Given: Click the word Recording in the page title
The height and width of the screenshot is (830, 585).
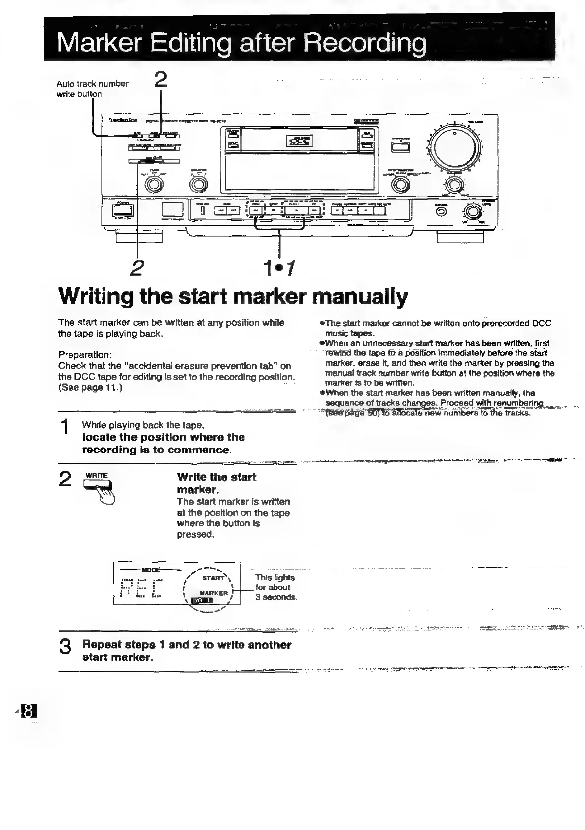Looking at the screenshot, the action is tap(365, 44).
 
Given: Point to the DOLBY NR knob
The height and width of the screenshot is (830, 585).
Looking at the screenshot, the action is tap(198, 184).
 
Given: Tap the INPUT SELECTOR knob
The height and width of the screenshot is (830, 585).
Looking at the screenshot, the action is tap(400, 184).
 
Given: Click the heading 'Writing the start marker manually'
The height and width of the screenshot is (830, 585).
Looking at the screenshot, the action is tap(233, 297).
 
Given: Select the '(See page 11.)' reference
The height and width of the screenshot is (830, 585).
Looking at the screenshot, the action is tap(90, 387).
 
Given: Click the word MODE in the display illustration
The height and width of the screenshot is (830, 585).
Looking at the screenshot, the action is tap(151, 569).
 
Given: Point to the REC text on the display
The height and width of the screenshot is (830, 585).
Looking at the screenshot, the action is tap(141, 588).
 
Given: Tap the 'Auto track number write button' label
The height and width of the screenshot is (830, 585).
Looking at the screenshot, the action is tap(92, 89).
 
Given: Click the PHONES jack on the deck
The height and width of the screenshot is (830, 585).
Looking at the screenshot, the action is tap(442, 211).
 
